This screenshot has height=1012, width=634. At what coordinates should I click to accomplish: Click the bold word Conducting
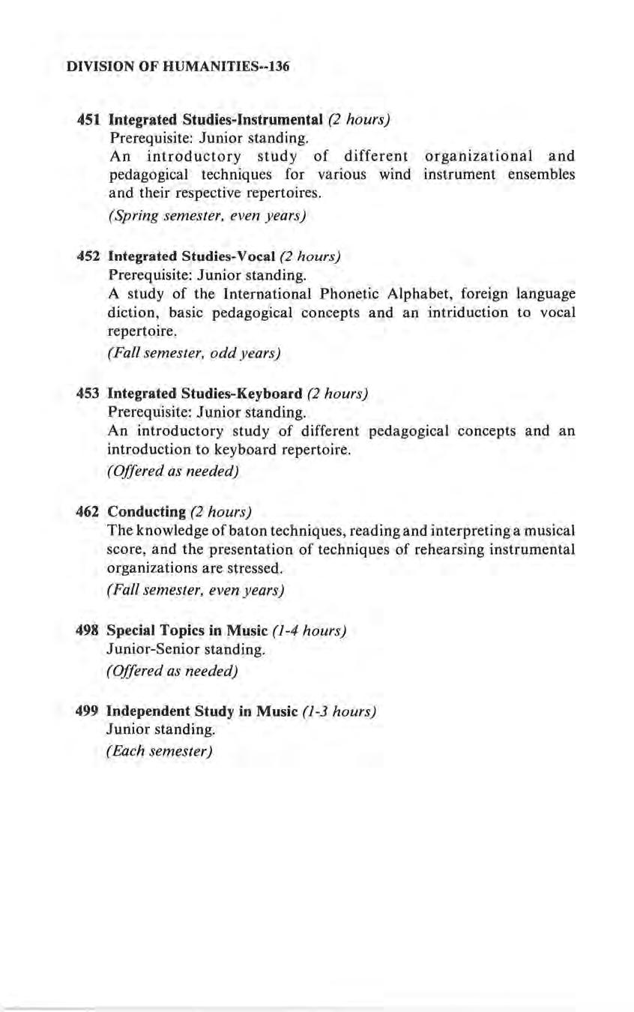click(147, 512)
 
